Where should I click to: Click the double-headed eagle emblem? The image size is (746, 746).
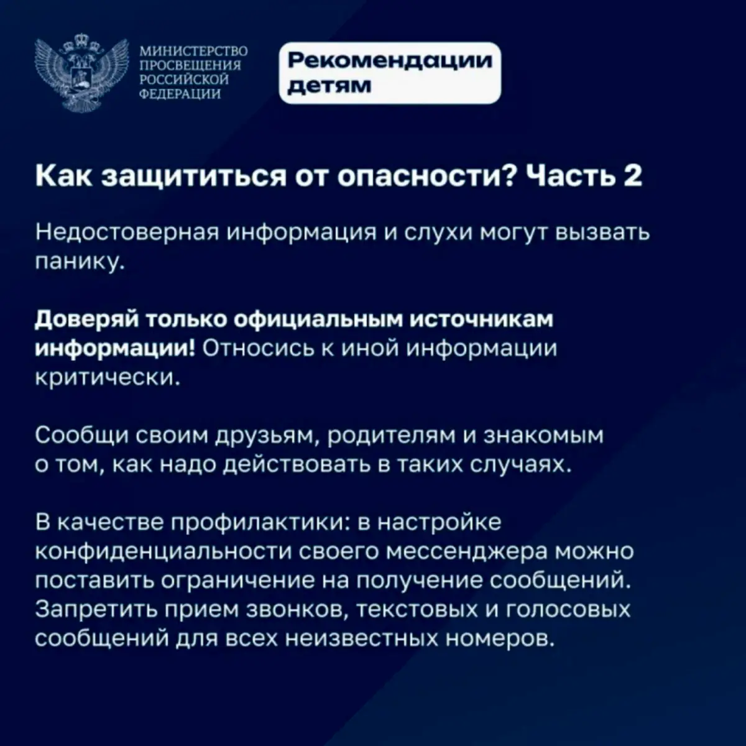pos(81,73)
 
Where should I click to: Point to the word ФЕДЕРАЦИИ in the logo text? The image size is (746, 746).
pos(180,93)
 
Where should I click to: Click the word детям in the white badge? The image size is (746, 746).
pos(329,86)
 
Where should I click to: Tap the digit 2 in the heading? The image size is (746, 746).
pos(633,176)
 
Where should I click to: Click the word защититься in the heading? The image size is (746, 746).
pos(196,177)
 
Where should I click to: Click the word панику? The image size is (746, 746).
pos(80,262)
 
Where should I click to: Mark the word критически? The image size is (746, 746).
pos(108,377)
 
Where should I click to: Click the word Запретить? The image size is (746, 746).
pos(96,611)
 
